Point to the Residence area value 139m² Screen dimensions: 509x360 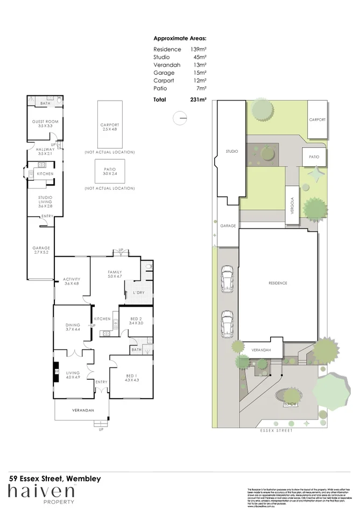click(199, 50)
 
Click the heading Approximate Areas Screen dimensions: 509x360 click(180, 38)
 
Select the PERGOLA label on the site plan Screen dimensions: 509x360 click(291, 204)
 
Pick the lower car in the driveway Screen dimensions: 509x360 click(227, 324)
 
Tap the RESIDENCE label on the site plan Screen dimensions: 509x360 click(278, 283)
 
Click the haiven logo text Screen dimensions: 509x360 click(41, 491)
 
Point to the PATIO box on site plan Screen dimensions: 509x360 click(314, 157)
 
